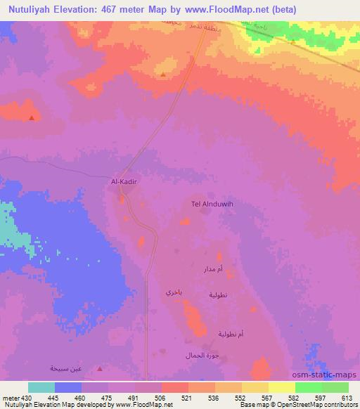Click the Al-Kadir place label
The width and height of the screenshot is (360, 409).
click(123, 181)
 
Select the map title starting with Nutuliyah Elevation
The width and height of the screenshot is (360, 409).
click(148, 9)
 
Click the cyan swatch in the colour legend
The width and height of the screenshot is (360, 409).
click(41, 387)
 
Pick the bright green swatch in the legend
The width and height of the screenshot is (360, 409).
click(309, 387)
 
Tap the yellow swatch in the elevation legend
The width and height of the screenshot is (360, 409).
click(282, 387)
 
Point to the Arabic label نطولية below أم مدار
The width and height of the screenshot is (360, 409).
click(217, 295)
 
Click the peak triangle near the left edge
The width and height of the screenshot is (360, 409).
click(32, 118)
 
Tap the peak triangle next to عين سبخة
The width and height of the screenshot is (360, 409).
click(99, 368)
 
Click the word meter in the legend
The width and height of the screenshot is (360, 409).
click(9, 397)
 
